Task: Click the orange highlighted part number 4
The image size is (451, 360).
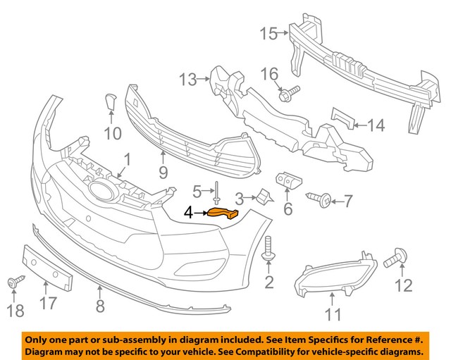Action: [223, 213]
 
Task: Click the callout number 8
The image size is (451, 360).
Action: [100, 306]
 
